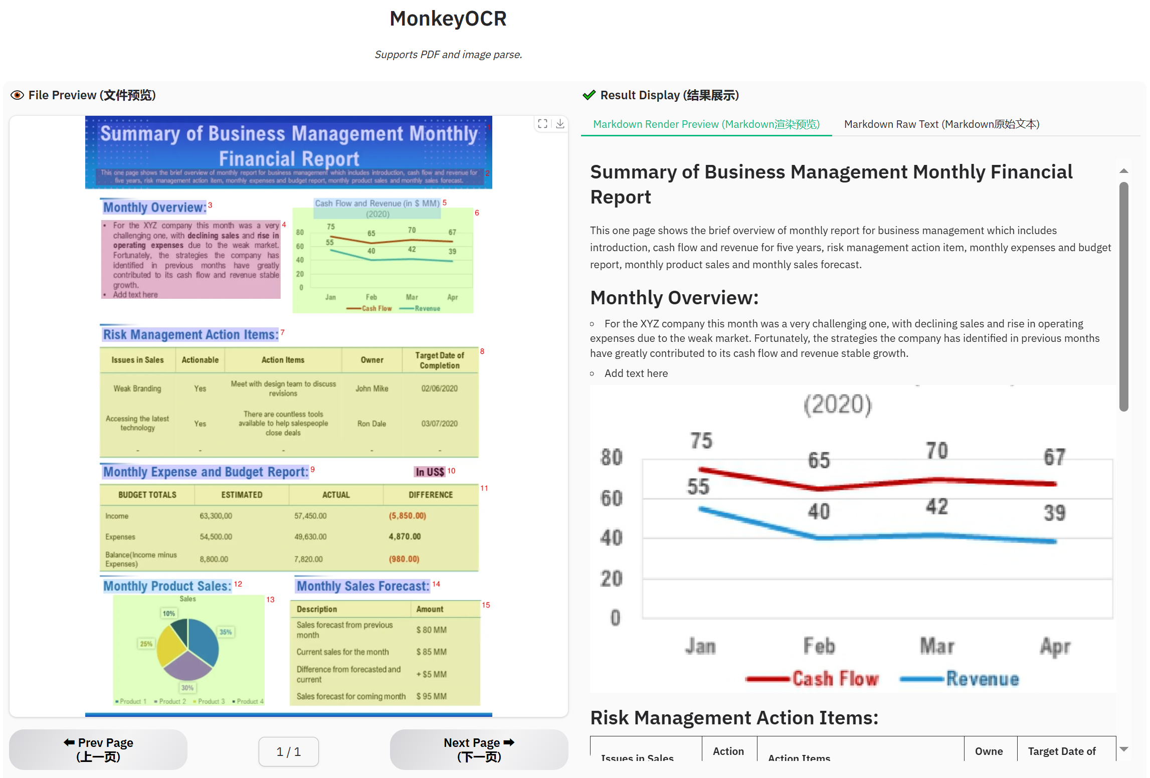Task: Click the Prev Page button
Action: click(98, 749)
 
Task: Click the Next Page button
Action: click(479, 749)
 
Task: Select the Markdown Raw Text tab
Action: click(941, 124)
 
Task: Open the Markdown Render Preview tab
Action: click(706, 124)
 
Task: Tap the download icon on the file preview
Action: click(560, 124)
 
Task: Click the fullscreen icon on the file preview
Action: click(542, 124)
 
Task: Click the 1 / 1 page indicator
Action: click(288, 751)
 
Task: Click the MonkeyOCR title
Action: click(448, 19)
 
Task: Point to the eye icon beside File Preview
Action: click(17, 95)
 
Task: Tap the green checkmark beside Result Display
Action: click(589, 95)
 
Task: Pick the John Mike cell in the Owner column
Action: click(371, 388)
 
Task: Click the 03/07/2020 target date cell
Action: click(439, 424)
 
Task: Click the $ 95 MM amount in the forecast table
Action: click(431, 696)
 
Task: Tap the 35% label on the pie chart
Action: click(226, 632)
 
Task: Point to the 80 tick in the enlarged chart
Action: click(611, 457)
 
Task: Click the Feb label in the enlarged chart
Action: click(819, 646)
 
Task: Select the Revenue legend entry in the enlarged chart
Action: click(982, 679)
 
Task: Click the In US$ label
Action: click(430, 472)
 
